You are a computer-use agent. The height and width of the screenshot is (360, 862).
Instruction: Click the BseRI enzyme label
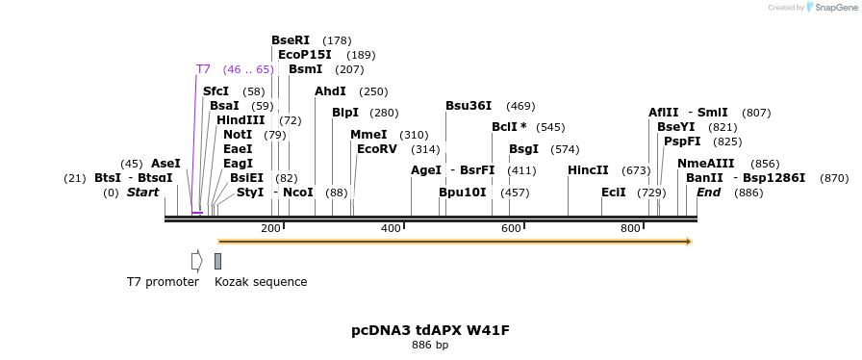click(x=291, y=40)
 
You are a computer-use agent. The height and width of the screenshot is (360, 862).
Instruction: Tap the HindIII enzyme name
click(x=241, y=120)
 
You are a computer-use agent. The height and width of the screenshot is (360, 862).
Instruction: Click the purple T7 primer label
click(x=203, y=69)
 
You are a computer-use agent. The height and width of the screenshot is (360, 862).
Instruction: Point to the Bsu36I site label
click(x=469, y=106)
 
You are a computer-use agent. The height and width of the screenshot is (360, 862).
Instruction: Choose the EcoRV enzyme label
click(x=377, y=149)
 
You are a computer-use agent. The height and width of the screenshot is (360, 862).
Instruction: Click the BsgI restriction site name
click(x=523, y=149)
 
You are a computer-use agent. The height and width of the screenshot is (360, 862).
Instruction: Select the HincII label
click(x=588, y=170)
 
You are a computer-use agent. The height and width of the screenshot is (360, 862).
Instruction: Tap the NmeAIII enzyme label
click(x=705, y=164)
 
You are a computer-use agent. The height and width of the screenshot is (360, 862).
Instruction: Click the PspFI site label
click(x=682, y=141)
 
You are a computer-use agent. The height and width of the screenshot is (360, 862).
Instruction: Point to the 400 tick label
click(x=392, y=228)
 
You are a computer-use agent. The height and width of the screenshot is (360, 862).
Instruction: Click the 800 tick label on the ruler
click(x=630, y=228)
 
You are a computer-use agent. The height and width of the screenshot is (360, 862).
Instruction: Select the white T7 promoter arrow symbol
click(x=196, y=261)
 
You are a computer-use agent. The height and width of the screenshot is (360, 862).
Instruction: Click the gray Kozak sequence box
click(x=218, y=261)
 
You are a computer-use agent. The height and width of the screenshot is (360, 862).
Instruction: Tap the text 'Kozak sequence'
click(x=261, y=282)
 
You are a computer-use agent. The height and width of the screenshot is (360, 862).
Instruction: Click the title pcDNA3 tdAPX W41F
click(x=430, y=330)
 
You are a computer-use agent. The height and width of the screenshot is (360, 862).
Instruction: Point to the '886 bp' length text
click(x=430, y=345)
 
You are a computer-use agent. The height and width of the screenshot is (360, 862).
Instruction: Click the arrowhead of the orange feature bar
click(x=688, y=241)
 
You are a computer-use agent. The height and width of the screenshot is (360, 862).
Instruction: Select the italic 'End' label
click(x=709, y=193)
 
